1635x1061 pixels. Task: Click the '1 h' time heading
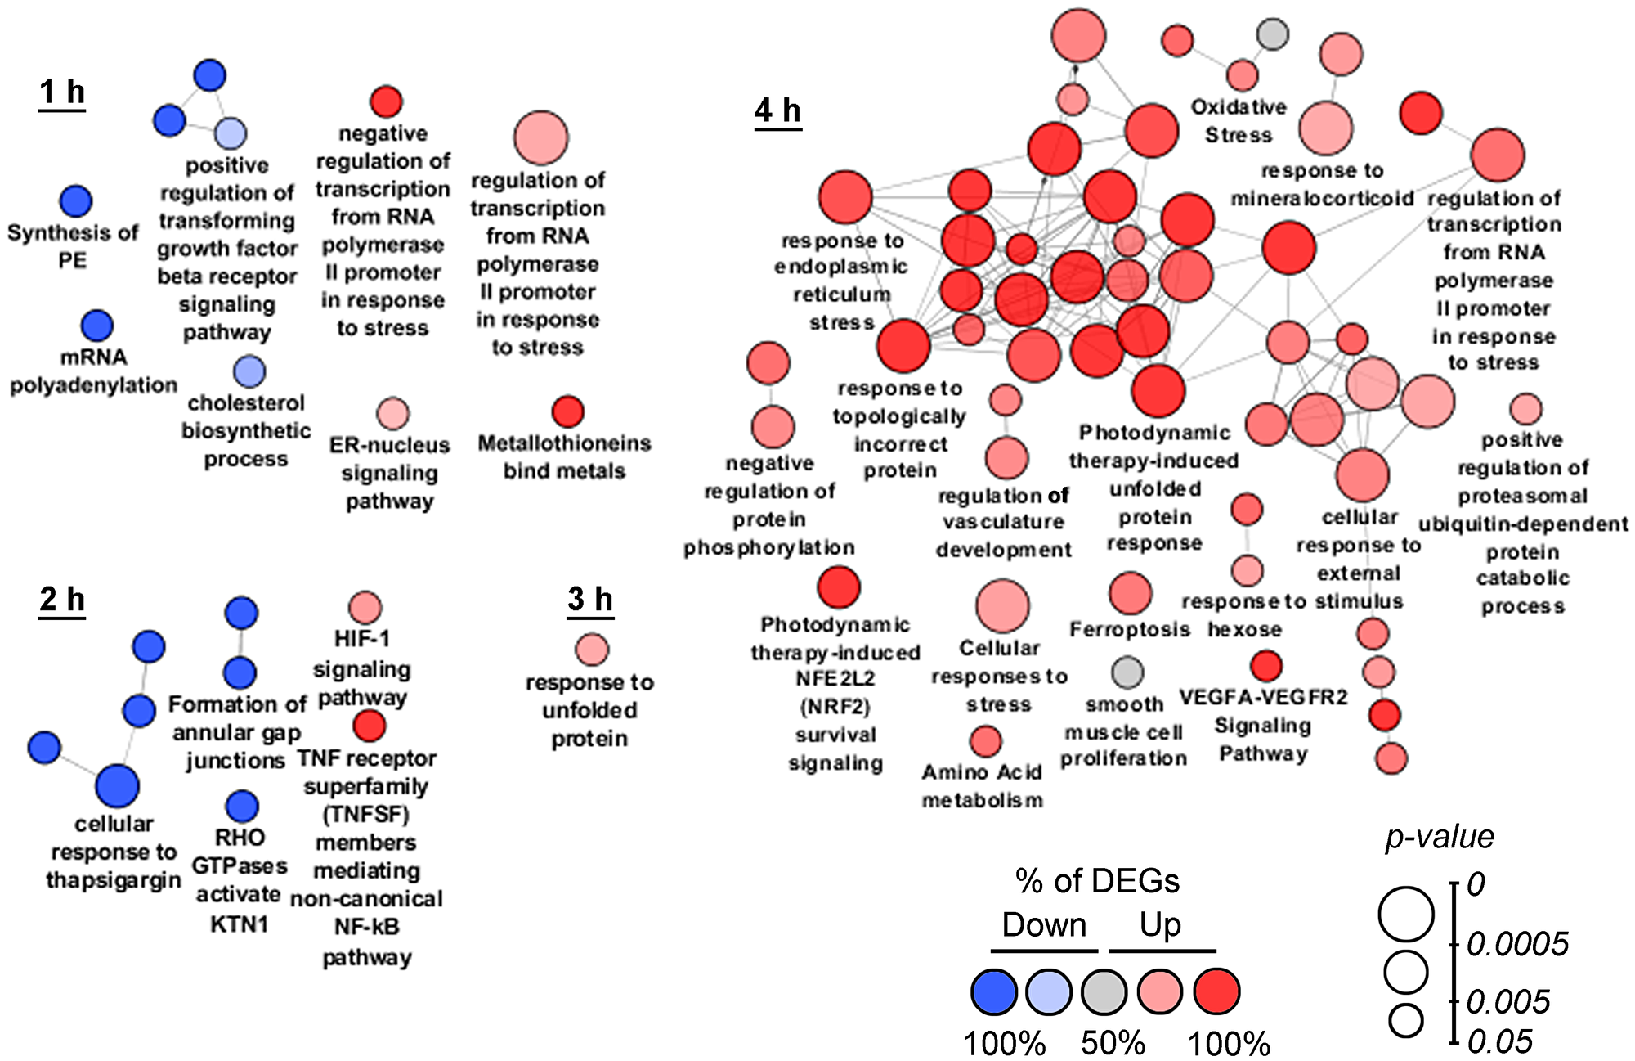point(62,92)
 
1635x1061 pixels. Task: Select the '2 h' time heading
point(62,600)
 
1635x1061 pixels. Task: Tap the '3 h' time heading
point(589,600)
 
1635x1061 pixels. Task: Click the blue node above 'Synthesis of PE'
point(76,200)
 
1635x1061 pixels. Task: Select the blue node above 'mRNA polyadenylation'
point(97,326)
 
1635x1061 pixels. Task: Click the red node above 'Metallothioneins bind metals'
point(567,412)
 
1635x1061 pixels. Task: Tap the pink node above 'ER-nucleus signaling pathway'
point(392,414)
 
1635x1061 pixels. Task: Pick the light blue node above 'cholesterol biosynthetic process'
point(249,372)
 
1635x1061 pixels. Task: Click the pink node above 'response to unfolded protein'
point(592,650)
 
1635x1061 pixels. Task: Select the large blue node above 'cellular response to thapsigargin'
point(118,786)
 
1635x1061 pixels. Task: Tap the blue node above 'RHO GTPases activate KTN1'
point(241,807)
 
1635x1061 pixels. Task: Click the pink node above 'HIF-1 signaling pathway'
point(365,609)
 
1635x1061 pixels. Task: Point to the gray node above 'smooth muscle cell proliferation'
point(1127,672)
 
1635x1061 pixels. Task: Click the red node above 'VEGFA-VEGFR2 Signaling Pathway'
point(1266,666)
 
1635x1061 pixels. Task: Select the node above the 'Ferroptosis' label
point(1131,593)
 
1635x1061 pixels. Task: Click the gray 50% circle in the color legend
point(1104,991)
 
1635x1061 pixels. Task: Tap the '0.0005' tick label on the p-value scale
point(1517,945)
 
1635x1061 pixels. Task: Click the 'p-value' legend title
point(1440,837)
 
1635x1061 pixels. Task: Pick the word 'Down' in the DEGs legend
point(1044,925)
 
